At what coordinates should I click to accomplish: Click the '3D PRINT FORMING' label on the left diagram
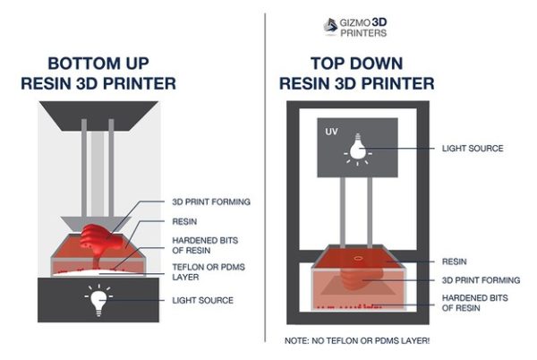click(x=209, y=202)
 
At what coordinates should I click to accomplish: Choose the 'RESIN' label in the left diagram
click(x=184, y=219)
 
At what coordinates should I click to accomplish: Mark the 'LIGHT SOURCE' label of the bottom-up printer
click(x=201, y=301)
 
